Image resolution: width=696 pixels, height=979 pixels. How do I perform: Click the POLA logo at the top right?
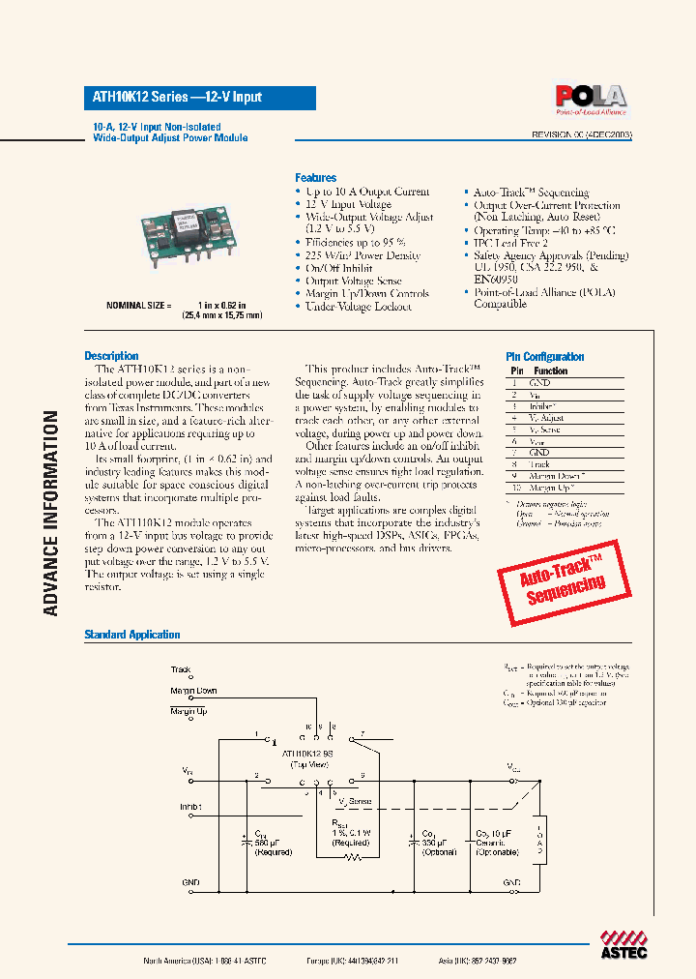[590, 97]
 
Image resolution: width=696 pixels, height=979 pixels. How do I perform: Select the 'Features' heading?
[315, 178]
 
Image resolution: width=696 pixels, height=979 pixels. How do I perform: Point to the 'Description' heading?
[111, 356]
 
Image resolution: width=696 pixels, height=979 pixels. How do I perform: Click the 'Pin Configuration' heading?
[545, 357]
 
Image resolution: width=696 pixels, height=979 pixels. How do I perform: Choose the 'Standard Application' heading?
[131, 635]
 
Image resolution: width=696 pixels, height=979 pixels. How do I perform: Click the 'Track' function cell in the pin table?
[539, 464]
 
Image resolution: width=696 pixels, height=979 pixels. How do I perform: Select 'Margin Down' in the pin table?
[557, 476]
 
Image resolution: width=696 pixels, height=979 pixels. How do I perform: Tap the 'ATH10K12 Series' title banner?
[198, 97]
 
